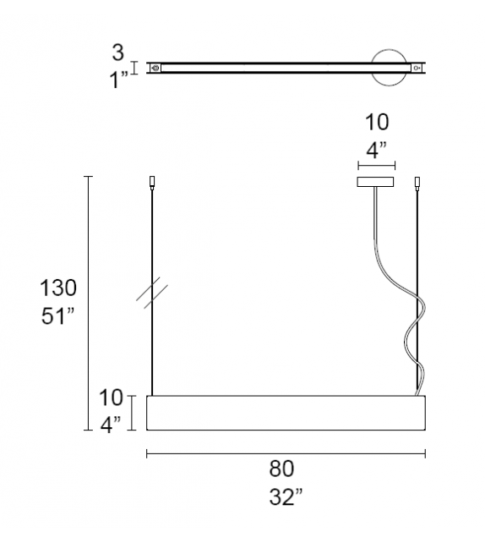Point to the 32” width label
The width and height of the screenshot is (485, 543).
286,497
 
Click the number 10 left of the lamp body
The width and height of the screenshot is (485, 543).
112,396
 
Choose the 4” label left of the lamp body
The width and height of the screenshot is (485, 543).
112,422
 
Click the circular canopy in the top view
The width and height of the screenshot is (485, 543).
390,67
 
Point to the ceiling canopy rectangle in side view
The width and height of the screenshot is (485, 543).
375,181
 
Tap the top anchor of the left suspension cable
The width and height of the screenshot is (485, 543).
152,181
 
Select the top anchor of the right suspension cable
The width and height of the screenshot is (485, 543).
417,182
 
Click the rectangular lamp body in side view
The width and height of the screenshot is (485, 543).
286,413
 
